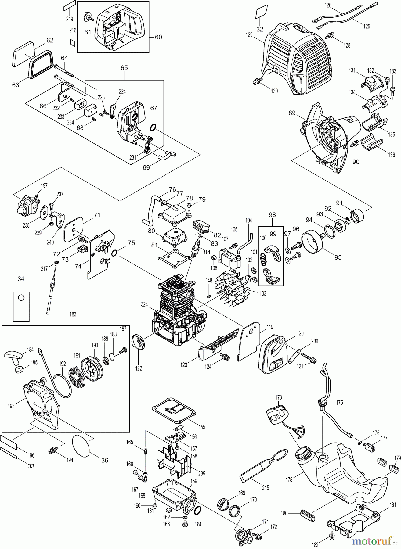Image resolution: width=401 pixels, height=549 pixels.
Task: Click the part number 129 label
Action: pos(249,35)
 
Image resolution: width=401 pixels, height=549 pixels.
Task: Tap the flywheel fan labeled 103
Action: pos(231,285)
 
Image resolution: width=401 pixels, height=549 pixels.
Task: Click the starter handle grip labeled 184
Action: pos(13,355)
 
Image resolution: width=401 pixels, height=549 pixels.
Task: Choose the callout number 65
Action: pos(124,68)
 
